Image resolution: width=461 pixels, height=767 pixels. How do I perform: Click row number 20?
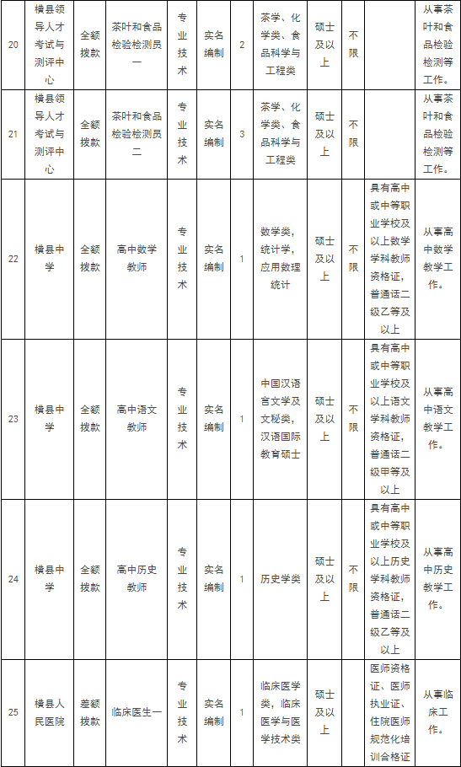coord(13,45)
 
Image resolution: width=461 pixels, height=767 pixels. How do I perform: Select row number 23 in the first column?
coord(13,419)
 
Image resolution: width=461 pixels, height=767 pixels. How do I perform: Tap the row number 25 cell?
coord(13,712)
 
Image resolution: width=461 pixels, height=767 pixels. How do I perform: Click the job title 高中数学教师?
coord(137,259)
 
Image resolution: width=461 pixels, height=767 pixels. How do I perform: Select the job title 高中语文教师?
coord(137,419)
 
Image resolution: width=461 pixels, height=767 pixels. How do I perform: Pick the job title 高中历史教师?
coord(137,579)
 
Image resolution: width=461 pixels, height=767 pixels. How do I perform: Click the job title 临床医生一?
coord(137,712)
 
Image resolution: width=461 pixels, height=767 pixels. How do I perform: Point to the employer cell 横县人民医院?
coord(50,712)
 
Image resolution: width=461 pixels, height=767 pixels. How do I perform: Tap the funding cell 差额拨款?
coord(90,712)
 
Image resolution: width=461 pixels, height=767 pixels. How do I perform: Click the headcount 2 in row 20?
coord(242,45)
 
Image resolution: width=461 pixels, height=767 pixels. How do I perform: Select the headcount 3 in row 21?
coord(242,134)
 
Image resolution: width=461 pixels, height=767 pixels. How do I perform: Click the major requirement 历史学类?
coord(281,579)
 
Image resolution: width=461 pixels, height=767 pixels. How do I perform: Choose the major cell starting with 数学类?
coord(281,259)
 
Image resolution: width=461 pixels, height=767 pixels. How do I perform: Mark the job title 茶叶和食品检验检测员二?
coord(137,134)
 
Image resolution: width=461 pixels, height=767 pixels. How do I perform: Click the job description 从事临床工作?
coord(438,712)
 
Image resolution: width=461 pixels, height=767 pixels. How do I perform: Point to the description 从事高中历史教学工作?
coord(438,579)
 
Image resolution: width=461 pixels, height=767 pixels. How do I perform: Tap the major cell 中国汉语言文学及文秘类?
coord(281,419)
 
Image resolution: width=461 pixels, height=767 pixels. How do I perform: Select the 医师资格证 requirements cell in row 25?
coord(389,712)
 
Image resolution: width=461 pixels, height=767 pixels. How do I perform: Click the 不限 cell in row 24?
coord(353,579)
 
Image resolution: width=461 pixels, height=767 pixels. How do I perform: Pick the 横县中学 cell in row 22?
coord(50,259)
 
